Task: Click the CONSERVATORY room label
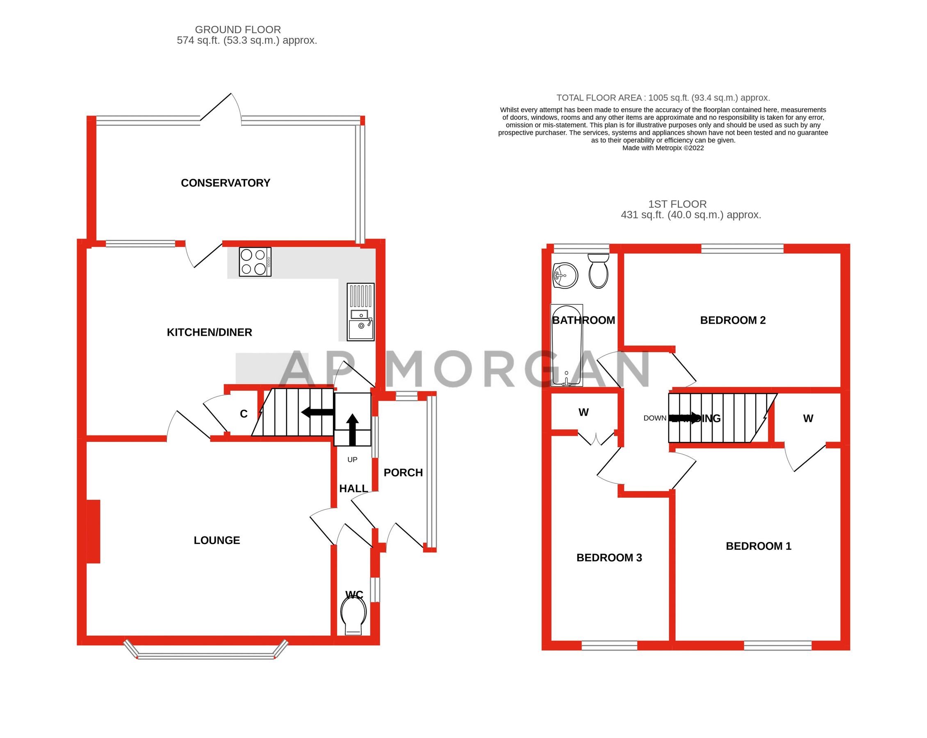tap(225, 183)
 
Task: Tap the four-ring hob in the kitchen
tap(255, 262)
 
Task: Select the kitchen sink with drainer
tap(361, 312)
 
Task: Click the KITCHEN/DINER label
tap(210, 333)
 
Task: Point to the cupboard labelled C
tap(244, 414)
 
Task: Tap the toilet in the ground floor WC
tap(353, 616)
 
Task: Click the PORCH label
tap(403, 473)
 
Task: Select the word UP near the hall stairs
tap(352, 460)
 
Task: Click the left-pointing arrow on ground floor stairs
tap(317, 412)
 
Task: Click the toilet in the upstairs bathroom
tap(598, 271)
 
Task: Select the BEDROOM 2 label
tap(733, 320)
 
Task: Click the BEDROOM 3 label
tap(609, 558)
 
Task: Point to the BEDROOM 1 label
tap(758, 546)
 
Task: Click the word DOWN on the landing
tap(654, 418)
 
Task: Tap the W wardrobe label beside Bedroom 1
tap(808, 419)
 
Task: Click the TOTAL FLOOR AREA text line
tap(663, 98)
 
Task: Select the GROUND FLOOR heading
tap(238, 30)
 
